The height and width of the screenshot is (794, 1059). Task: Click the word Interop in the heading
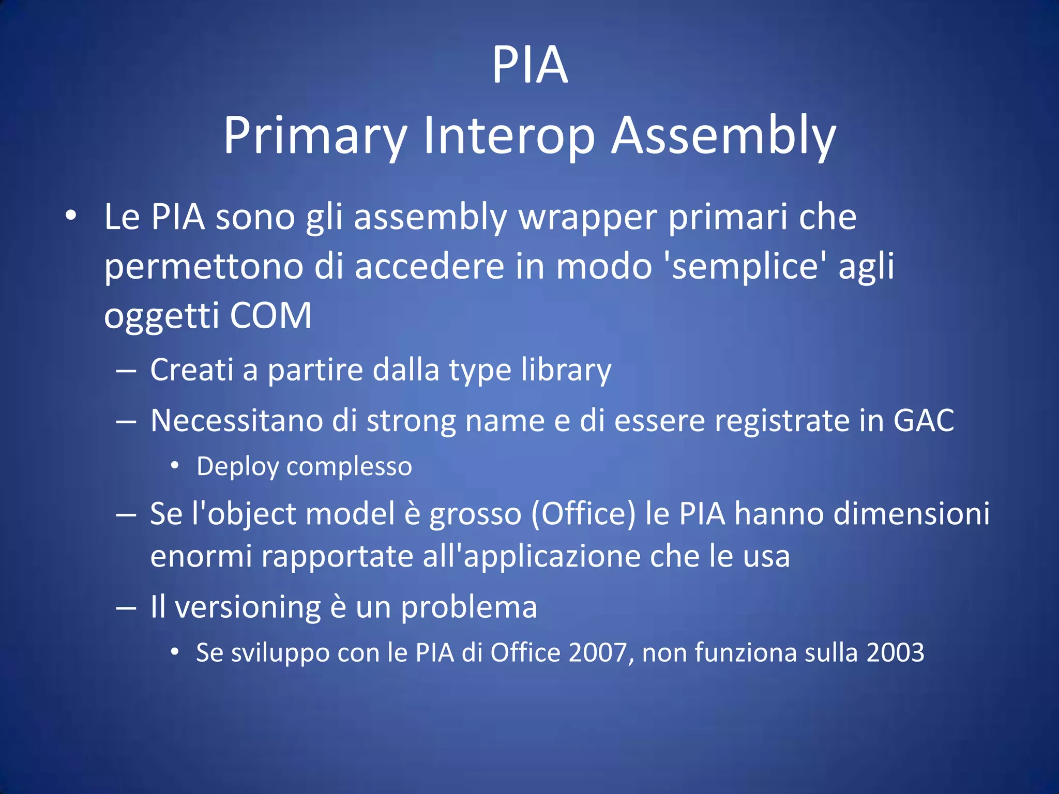point(509,135)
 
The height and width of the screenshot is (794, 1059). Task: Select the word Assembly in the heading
point(723,135)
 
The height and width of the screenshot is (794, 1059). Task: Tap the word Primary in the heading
point(315,135)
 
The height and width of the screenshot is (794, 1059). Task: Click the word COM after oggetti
point(270,315)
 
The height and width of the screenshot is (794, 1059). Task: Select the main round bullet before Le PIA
point(71,216)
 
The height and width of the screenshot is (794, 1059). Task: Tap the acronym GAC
point(924,420)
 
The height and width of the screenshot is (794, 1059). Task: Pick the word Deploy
point(237,467)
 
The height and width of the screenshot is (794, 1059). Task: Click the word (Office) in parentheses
point(583,514)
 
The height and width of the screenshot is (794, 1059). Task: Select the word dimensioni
point(905,514)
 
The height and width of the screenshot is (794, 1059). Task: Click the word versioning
point(248,607)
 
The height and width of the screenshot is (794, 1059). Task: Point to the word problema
point(469,607)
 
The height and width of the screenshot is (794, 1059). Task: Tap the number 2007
point(597,652)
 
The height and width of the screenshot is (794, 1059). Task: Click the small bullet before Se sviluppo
point(175,652)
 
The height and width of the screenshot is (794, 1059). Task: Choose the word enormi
point(201,557)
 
